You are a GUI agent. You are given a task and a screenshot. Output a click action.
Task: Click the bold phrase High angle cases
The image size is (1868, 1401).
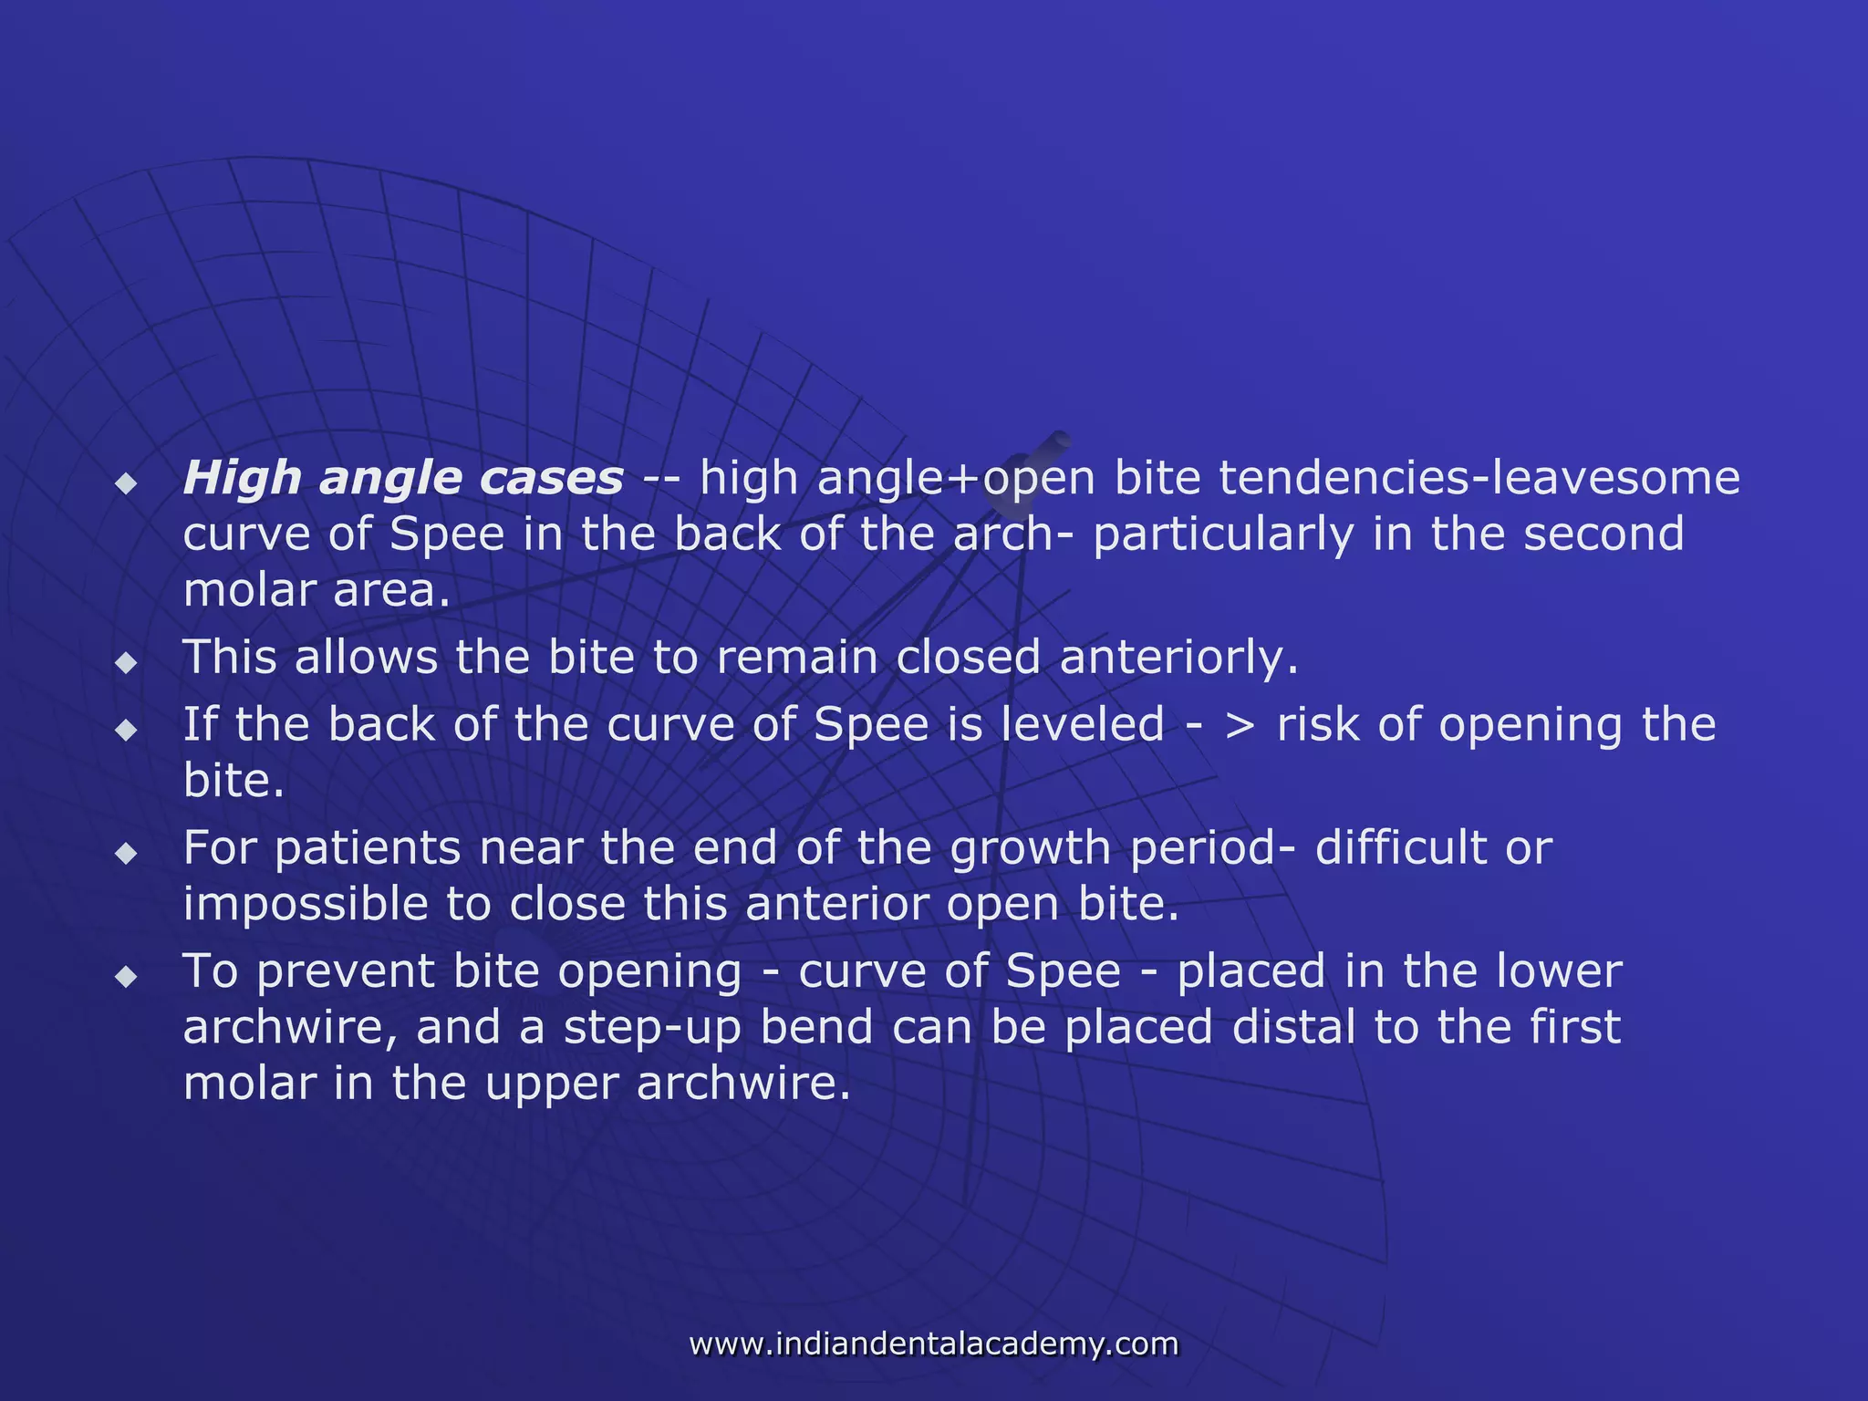[403, 478]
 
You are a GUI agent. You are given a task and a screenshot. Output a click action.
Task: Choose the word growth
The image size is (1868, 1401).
[1031, 848]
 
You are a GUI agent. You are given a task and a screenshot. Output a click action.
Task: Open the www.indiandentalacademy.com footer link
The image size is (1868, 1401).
[933, 1344]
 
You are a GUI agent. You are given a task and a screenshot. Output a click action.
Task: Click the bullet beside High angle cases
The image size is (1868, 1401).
[126, 483]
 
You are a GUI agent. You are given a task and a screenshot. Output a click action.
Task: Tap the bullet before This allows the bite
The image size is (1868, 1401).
[126, 662]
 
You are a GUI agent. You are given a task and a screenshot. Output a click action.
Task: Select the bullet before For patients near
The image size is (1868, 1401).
[126, 854]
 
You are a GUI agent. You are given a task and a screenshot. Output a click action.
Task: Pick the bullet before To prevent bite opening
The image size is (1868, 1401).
[126, 977]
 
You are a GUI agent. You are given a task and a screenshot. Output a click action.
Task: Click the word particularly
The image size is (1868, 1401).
[1223, 534]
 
